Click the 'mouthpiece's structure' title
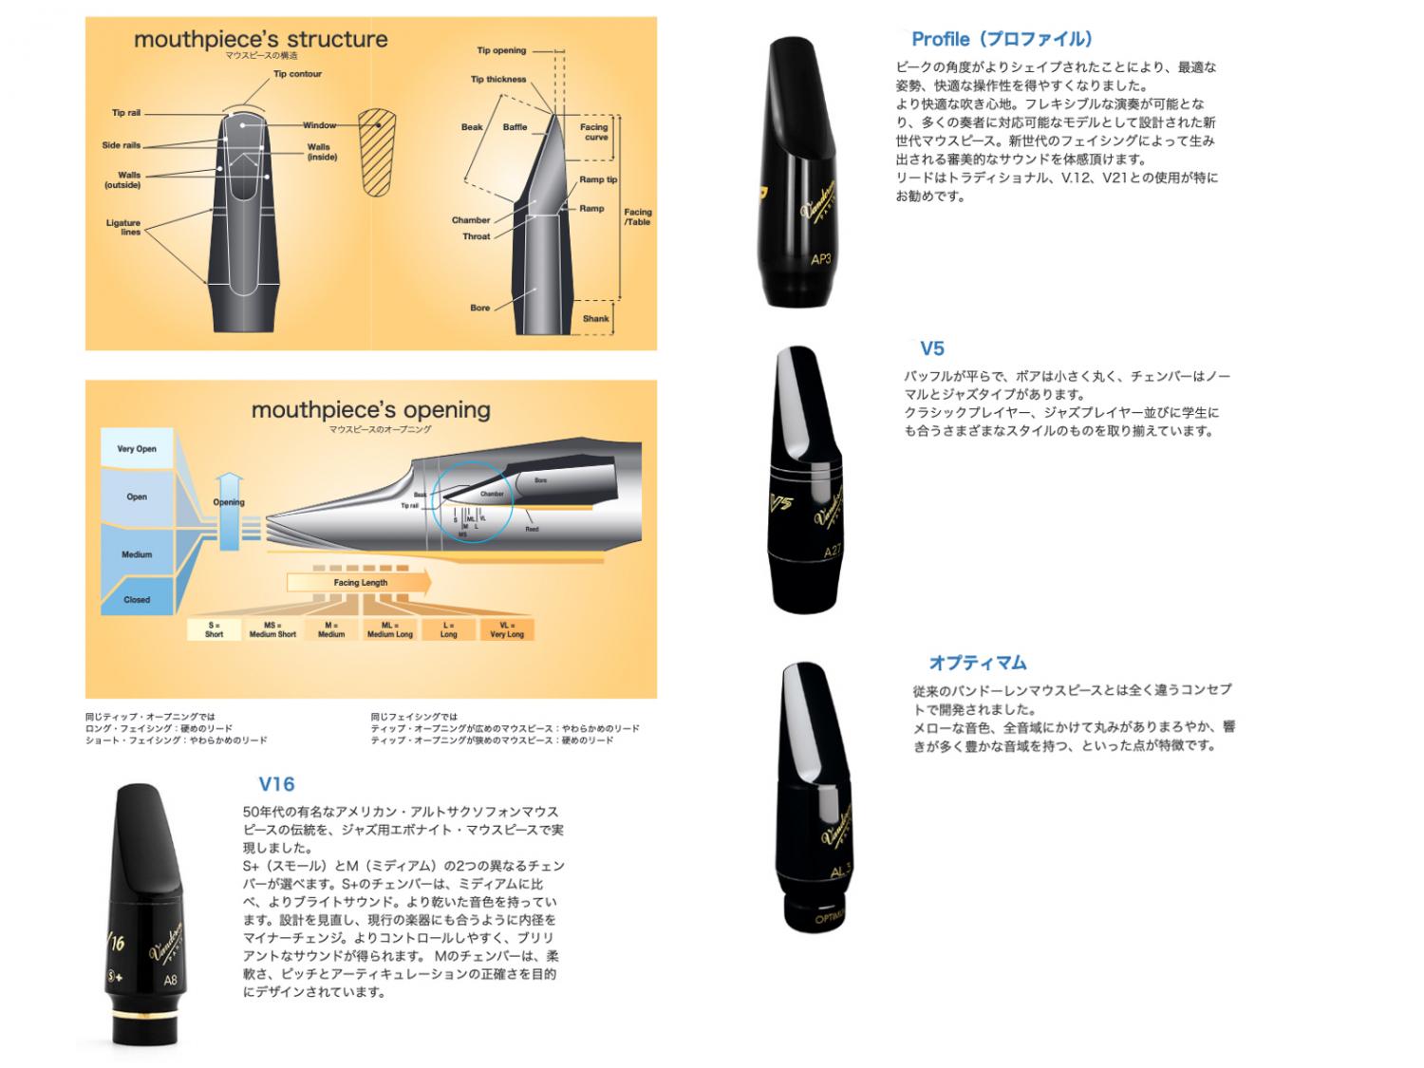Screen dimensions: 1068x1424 tap(260, 40)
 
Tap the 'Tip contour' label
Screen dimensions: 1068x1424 tap(297, 74)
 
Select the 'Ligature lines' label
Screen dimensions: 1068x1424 tap(123, 227)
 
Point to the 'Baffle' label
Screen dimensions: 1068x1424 tap(515, 127)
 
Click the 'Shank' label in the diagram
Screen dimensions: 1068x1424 tap(595, 319)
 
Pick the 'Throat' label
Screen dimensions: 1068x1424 tap(476, 236)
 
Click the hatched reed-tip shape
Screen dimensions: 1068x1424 tap(377, 152)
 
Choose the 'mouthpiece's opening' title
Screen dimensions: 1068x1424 tap(370, 410)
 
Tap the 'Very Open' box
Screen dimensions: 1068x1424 tap(137, 449)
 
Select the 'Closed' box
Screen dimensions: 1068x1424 tap(137, 600)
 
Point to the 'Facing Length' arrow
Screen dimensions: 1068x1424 tap(360, 582)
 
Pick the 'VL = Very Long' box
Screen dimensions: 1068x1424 tap(506, 630)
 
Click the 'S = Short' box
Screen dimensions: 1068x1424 tap(214, 630)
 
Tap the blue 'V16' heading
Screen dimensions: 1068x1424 tap(276, 784)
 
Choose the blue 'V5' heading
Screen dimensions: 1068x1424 tap(931, 348)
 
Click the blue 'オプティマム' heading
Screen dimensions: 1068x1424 tap(977, 663)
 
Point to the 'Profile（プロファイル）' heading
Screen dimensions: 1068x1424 tap(1002, 39)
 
